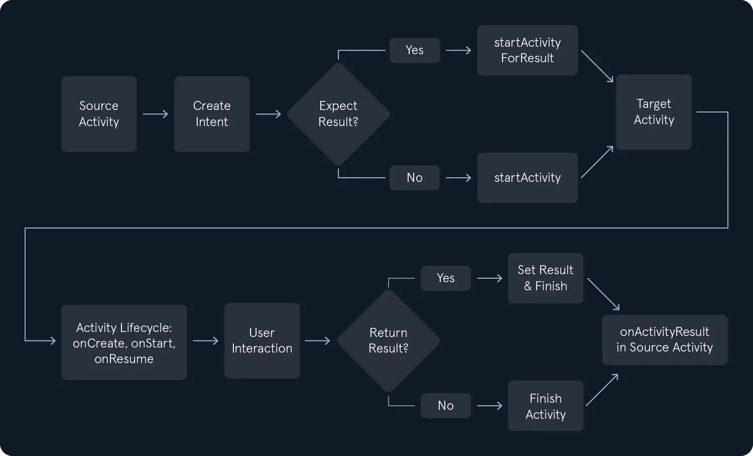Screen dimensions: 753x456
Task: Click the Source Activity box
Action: pos(99,114)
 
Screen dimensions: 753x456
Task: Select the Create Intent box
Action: pos(212,114)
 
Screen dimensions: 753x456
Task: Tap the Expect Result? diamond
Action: pos(338,115)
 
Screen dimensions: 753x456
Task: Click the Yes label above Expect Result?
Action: pos(415,50)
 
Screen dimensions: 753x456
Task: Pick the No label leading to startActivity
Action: pos(415,178)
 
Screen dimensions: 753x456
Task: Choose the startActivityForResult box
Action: pos(528,50)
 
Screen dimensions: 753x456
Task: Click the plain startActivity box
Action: pos(528,178)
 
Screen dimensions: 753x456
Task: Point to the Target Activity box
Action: pos(654,112)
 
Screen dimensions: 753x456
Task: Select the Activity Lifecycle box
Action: pos(124,343)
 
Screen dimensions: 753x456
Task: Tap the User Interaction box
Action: pos(262,340)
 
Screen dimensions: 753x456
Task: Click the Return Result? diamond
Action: pos(388,340)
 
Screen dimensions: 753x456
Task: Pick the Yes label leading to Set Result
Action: pos(446,278)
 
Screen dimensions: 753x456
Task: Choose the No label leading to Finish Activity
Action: pos(446,406)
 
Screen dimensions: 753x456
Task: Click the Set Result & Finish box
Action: pos(546,278)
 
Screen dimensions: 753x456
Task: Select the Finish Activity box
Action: pos(546,406)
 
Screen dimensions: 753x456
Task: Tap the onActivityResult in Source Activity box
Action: pos(665,339)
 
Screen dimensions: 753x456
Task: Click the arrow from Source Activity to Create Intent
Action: pos(155,114)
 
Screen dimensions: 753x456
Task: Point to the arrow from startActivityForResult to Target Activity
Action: pos(597,66)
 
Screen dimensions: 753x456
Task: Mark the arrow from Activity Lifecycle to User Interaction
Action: pos(205,340)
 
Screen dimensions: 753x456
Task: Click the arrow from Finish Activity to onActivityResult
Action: pos(602,390)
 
